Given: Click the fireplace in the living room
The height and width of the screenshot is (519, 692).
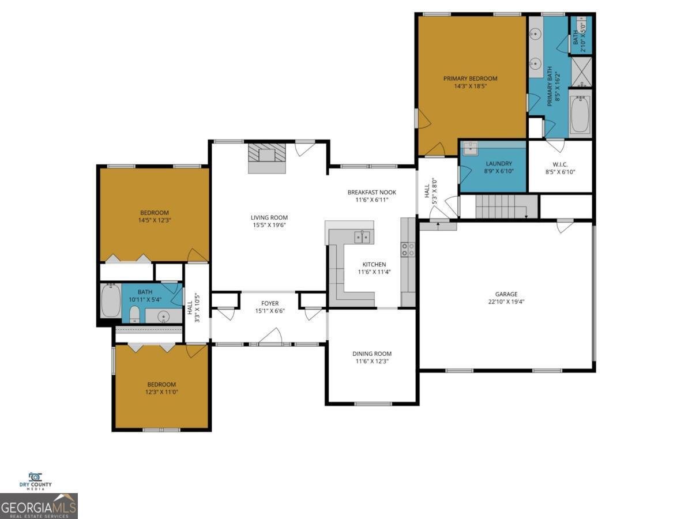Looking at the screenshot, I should [x=267, y=157].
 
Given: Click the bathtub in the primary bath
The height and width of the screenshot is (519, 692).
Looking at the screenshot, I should [x=580, y=114].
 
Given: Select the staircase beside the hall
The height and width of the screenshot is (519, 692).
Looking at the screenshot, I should [x=501, y=206].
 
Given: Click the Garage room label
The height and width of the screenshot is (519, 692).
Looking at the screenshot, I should [x=506, y=294].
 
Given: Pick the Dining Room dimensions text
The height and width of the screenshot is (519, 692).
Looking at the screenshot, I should [x=372, y=362].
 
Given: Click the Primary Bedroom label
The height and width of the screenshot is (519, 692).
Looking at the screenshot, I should [x=470, y=78].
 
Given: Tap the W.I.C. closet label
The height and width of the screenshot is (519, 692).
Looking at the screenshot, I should [x=560, y=164].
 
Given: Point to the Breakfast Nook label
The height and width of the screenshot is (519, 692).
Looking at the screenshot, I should [x=371, y=192].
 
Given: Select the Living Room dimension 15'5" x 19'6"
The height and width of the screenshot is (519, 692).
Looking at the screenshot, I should [x=268, y=225].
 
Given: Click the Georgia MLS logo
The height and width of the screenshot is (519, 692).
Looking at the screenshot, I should [x=39, y=506].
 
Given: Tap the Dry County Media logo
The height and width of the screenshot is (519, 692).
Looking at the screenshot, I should [x=36, y=481].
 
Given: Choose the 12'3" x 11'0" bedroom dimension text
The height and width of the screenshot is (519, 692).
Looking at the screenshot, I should [x=161, y=393].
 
